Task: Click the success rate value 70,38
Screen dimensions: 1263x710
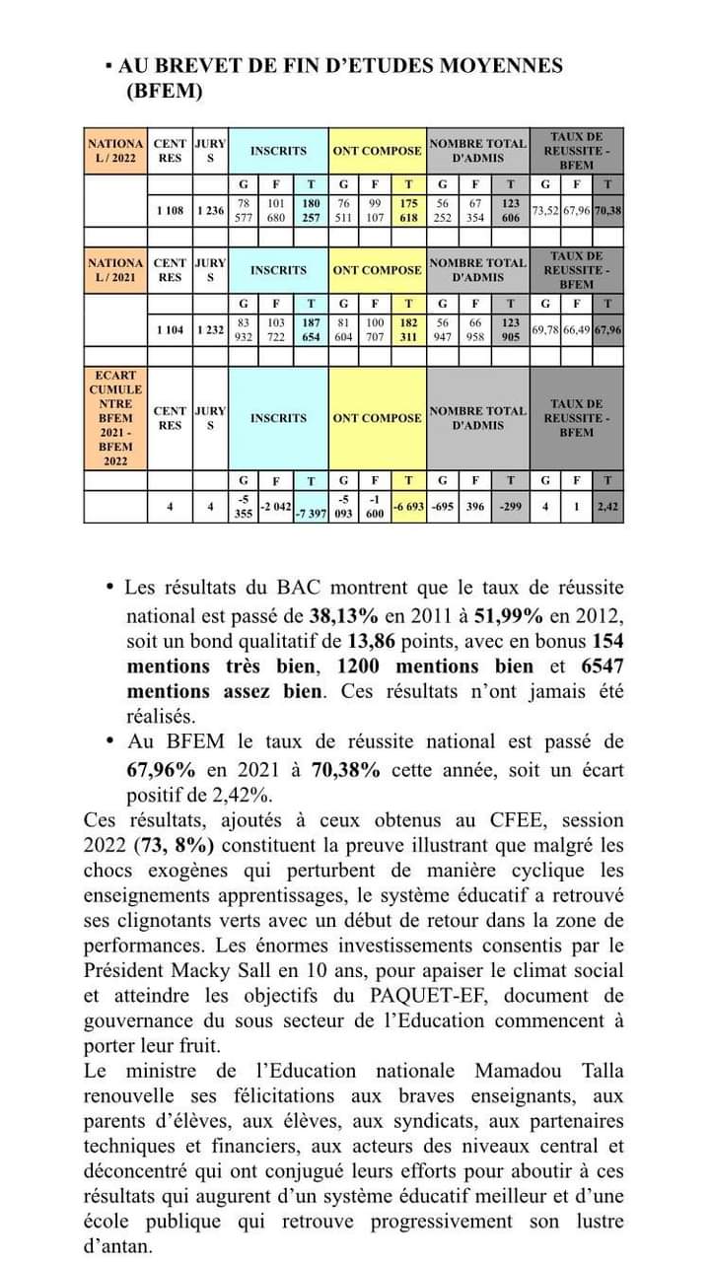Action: (607, 210)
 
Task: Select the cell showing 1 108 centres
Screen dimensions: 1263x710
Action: (170, 210)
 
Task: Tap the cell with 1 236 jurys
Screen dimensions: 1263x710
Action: (210, 210)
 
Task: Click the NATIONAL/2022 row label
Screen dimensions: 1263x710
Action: (115, 150)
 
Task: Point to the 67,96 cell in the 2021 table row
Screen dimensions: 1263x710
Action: (607, 329)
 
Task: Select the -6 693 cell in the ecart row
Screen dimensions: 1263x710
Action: (408, 506)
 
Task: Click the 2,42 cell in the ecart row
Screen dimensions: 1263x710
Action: (607, 506)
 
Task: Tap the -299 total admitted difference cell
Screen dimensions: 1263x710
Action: (510, 506)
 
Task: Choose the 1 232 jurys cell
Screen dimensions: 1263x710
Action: (210, 329)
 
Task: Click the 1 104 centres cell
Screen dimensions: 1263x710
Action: (170, 329)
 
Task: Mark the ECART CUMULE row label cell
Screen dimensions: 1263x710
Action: (115, 418)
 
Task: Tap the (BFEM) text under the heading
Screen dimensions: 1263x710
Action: (165, 92)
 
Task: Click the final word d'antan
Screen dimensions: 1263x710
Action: (118, 1246)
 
